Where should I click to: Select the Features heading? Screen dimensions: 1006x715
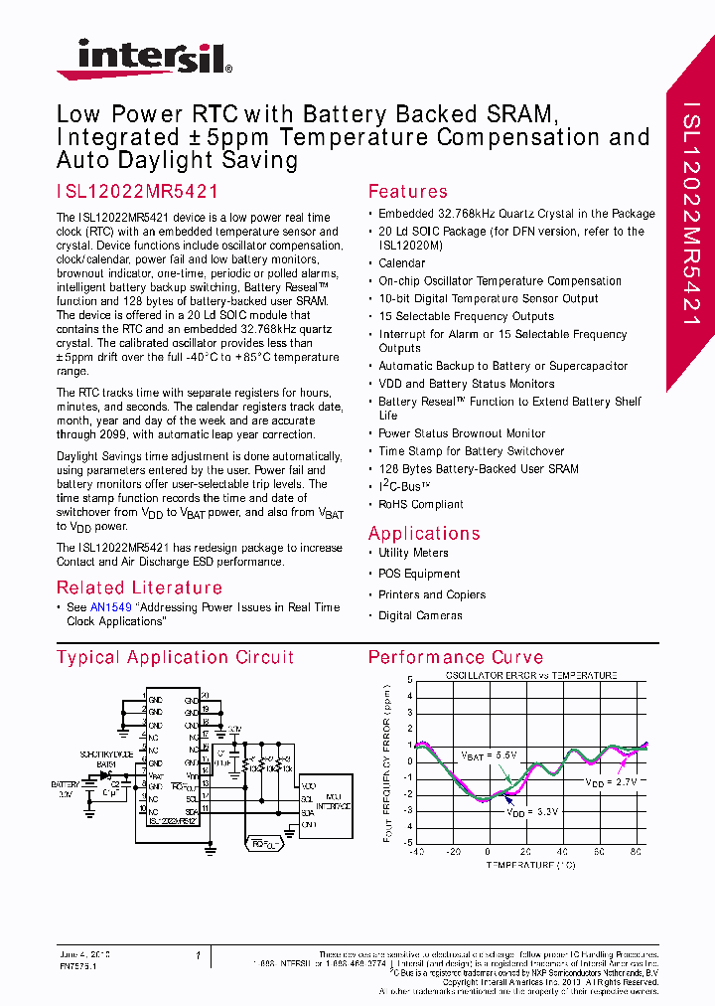(x=407, y=192)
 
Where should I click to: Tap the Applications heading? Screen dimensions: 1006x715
(x=424, y=533)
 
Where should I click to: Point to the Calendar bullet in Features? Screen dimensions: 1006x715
(x=401, y=263)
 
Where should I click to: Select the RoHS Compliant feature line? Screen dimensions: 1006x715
(x=421, y=505)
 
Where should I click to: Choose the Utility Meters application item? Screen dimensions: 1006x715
(x=413, y=553)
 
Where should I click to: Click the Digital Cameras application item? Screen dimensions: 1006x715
(x=420, y=615)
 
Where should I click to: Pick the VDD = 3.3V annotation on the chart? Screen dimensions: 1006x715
(x=532, y=812)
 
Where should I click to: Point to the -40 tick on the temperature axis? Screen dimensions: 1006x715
(x=416, y=852)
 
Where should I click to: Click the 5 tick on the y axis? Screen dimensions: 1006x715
(x=409, y=681)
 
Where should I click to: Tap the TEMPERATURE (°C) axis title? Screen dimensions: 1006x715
(x=530, y=865)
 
